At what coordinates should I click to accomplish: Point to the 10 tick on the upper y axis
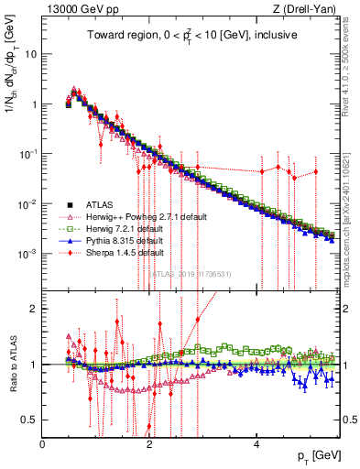coord(29,54)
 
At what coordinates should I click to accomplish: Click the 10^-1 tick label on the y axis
coord(27,154)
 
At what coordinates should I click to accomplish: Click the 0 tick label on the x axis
coord(43,444)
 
